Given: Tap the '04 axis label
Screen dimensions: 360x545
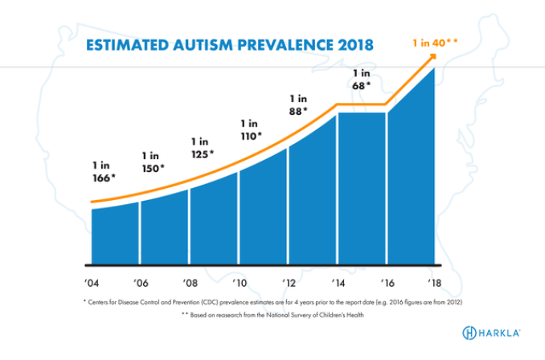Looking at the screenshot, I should click(91, 282).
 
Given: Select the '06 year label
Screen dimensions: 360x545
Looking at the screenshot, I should click(141, 282).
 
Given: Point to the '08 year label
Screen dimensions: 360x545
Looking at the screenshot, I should click(190, 282).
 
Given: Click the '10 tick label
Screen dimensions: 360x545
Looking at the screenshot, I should click(239, 282).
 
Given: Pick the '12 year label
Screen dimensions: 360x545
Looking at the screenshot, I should click(288, 282).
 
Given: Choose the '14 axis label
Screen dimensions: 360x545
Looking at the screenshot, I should click(338, 282).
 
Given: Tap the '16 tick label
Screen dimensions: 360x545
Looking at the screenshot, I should click(387, 282).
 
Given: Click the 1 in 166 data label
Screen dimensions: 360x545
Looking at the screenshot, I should click(102, 170).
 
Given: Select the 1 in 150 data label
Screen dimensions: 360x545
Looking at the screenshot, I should click(152, 162).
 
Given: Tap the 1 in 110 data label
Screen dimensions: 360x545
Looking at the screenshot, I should click(251, 130).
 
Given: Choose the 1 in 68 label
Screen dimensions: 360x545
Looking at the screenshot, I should click(361, 79).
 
